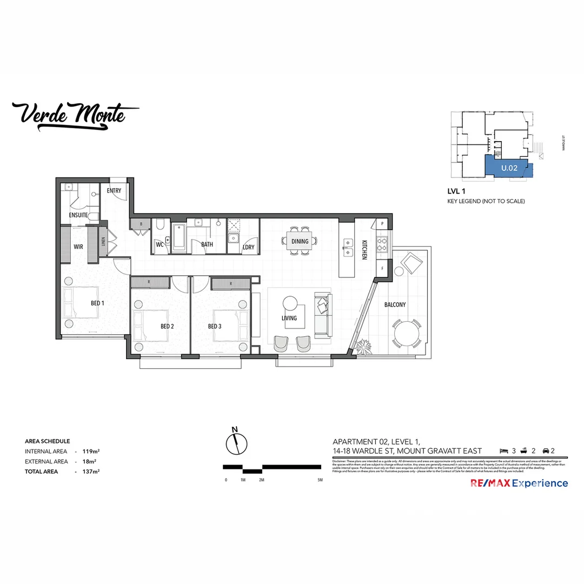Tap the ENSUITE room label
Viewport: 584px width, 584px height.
78,215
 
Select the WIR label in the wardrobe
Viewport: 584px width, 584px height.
78,247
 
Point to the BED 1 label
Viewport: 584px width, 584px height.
98,303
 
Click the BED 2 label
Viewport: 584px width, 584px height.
167,327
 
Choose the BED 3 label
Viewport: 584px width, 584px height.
215,327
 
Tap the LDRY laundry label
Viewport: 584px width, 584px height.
249,247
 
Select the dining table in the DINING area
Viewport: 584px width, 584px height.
300,242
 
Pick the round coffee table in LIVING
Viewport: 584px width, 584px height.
290,302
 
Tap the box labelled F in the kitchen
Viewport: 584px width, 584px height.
382,268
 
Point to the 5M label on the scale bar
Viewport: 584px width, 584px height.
320,480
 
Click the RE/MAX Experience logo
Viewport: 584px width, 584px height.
520,483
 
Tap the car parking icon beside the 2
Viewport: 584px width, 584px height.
545,451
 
